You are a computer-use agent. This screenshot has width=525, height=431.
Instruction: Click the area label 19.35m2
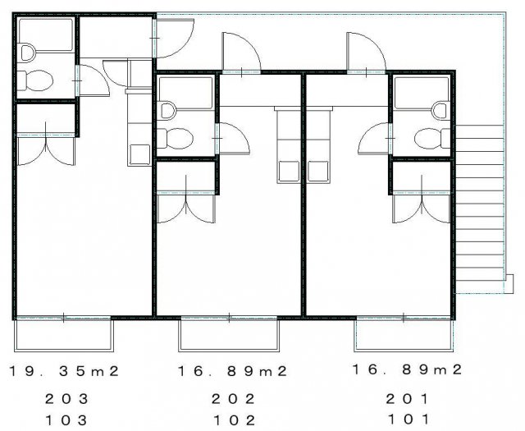pos(64,371)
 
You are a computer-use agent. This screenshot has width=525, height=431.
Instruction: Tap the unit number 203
pos(66,399)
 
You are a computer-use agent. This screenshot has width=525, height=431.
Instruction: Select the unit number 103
pos(66,420)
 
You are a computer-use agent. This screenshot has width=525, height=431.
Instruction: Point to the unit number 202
pos(233,399)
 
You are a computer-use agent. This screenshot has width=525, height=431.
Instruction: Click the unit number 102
pos(234,420)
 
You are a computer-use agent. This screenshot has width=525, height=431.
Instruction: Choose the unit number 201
pos(407,399)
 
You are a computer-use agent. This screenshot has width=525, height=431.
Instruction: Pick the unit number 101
pos(409,419)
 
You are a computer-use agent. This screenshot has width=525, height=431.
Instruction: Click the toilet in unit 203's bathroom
pos(34,80)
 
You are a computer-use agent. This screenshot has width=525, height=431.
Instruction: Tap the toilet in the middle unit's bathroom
pos(175,139)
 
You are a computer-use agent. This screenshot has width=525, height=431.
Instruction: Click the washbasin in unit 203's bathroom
pos(27,53)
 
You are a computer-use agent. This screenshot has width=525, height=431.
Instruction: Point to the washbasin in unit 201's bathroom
pos(440,111)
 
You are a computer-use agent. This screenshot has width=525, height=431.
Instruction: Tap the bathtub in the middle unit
pos(186,93)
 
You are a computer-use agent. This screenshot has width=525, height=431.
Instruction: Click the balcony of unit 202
pos(229,335)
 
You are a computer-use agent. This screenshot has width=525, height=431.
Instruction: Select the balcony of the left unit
pos(64,335)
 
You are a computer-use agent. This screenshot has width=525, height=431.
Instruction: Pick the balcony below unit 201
pos(404,335)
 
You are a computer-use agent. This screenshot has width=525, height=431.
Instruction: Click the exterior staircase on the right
pos(480,209)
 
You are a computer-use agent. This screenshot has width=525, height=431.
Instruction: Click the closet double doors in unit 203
pos(46,149)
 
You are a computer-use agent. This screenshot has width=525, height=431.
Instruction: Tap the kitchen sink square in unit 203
pos(139,154)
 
